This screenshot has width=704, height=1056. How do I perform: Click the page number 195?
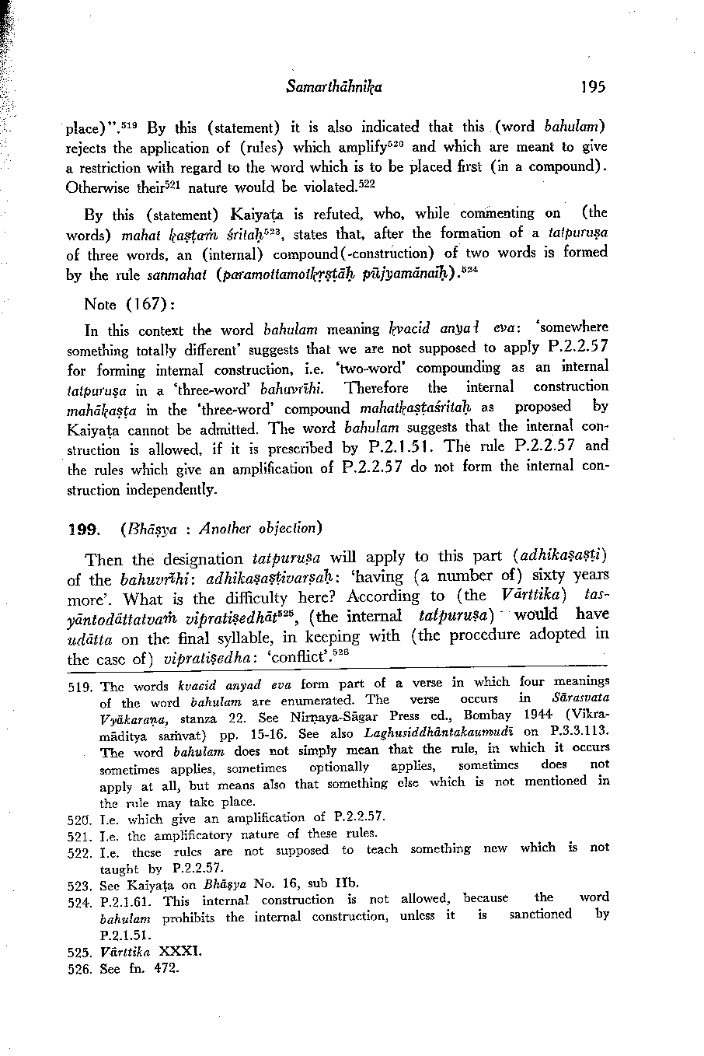591,86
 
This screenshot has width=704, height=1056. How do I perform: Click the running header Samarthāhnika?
328,86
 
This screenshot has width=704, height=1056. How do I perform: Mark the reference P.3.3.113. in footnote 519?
577,733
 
